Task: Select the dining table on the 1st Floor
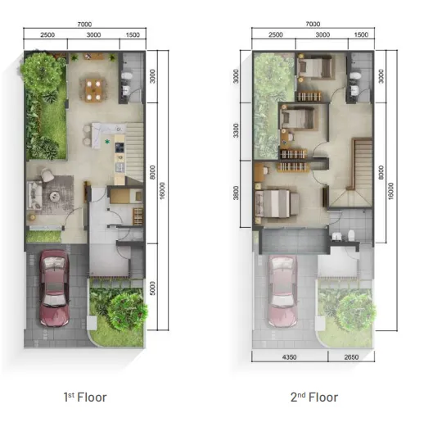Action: [x=93, y=86]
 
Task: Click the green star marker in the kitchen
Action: [x=107, y=141]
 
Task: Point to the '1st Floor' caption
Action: [x=85, y=397]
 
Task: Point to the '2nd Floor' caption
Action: [x=314, y=397]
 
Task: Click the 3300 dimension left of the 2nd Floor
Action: [x=236, y=129]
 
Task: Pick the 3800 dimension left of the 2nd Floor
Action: [x=236, y=194]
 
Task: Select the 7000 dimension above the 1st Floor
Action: [x=83, y=25]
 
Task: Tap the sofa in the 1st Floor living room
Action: [x=35, y=197]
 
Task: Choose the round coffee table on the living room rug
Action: [x=56, y=196]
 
